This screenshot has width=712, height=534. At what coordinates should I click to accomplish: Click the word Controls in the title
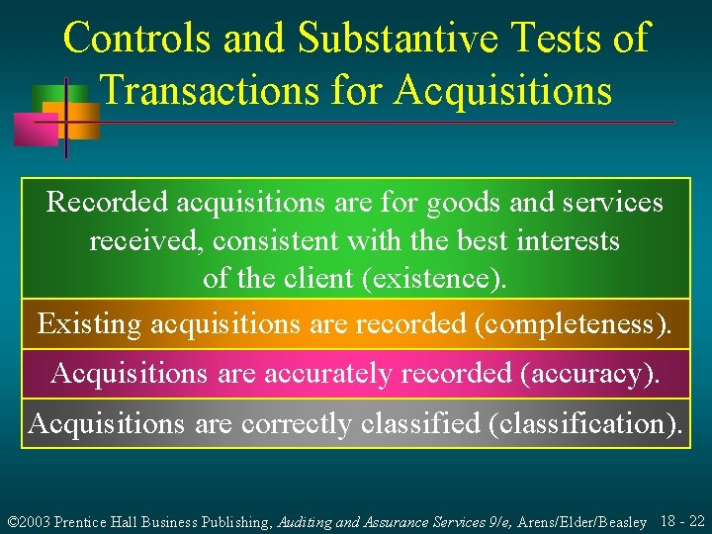(x=135, y=38)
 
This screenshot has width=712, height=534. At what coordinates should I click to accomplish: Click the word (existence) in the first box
(x=435, y=279)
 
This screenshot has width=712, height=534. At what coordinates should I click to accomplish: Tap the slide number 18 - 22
(x=681, y=521)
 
